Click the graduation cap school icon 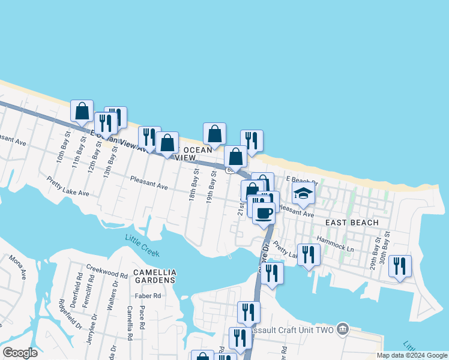[304, 194]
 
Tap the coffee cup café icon [263, 213]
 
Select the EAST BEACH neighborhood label [352, 223]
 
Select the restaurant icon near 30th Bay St [400, 265]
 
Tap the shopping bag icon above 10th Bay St [82, 111]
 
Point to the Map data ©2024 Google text [411, 355]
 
